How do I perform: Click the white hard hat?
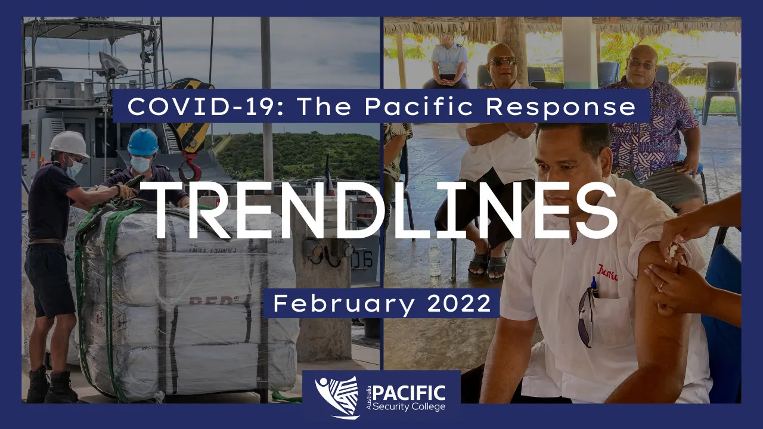tap(69, 144)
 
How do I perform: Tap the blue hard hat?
tap(143, 142)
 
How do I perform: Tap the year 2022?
tap(459, 303)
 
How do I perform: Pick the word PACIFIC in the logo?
tap(409, 394)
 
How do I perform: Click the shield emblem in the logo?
tap(338, 397)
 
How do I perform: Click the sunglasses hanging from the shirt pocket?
tap(587, 316)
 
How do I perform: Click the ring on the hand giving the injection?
tap(661, 285)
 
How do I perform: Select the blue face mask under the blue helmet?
tap(140, 164)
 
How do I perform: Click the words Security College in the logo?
tap(409, 406)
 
